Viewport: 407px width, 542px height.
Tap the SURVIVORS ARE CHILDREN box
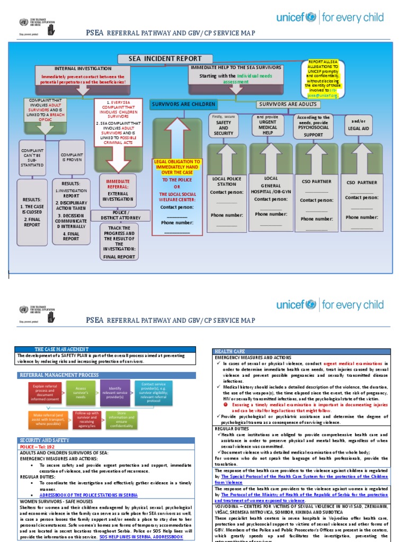pyautogui.click(x=183, y=104)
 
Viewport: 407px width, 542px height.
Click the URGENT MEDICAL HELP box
pyautogui.click(x=271, y=125)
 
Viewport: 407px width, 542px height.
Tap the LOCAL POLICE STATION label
pyautogui.click(x=226, y=182)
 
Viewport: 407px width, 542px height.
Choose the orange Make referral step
pyautogui.click(x=45, y=419)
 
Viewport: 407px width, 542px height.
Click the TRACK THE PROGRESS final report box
pyautogui.click(x=119, y=242)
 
